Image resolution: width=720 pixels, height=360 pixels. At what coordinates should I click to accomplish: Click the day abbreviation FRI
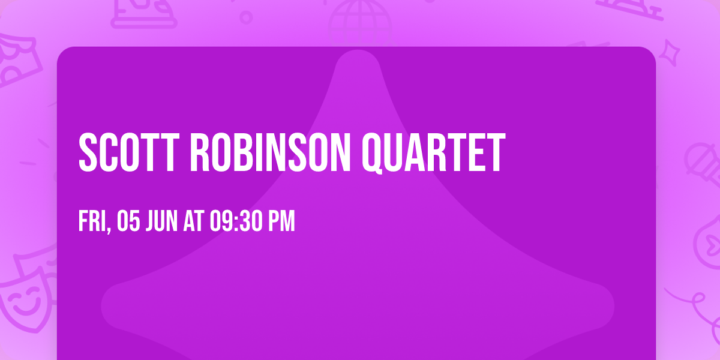pos(92,221)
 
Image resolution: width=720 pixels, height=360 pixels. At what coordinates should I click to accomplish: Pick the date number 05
pos(129,221)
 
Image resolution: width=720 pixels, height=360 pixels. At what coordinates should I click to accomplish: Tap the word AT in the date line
pos(194,221)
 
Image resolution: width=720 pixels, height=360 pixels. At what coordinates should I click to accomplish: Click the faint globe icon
pos(359,21)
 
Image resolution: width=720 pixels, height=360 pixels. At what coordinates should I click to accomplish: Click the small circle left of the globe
pos(246,17)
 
